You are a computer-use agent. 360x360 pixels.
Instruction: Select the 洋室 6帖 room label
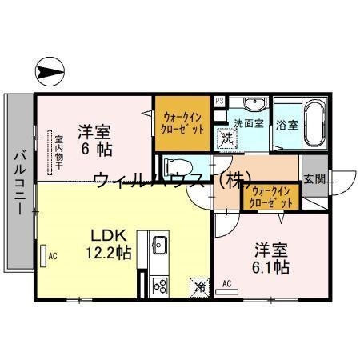click(x=94, y=139)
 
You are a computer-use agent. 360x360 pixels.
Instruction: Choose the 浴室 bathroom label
click(x=286, y=124)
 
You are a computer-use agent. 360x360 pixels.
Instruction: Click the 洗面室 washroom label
click(x=249, y=124)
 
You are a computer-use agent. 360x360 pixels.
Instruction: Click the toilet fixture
click(x=174, y=169)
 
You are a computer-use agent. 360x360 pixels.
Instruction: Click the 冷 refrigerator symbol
click(x=198, y=286)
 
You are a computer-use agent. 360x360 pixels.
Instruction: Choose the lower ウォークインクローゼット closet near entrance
click(x=270, y=197)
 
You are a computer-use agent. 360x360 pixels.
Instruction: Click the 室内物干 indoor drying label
click(x=58, y=153)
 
